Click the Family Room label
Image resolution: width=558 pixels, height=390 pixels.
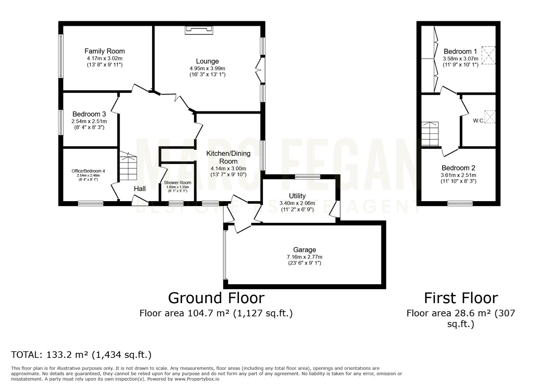tap(105, 51)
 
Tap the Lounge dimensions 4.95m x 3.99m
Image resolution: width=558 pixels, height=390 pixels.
tap(207, 69)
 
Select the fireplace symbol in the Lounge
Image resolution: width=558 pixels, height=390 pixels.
tap(199, 30)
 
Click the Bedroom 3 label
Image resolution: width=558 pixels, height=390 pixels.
tap(89, 114)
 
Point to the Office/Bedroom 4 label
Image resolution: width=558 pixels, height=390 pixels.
tap(88, 171)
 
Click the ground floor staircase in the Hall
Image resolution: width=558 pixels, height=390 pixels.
tap(128, 166)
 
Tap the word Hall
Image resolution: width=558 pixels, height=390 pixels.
tap(140, 188)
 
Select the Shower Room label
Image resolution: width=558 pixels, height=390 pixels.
tap(177, 183)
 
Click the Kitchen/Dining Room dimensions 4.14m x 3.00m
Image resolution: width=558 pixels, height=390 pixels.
tap(228, 169)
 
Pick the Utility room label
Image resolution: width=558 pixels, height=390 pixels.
tap(297, 196)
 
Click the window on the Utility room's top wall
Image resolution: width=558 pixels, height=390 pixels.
tap(308, 177)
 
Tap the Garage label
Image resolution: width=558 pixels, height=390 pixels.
tap(304, 250)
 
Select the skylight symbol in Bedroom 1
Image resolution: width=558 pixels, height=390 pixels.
tap(488, 55)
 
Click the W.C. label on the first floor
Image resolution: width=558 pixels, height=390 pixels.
tap(478, 121)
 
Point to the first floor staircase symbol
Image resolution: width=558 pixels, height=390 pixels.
tap(430, 134)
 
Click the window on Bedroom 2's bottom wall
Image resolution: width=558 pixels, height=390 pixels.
tap(460, 203)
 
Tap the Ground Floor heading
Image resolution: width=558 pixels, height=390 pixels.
tap(216, 298)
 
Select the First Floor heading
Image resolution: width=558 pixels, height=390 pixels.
tap(461, 298)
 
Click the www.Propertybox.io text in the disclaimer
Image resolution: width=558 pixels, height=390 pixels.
tap(197, 379)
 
